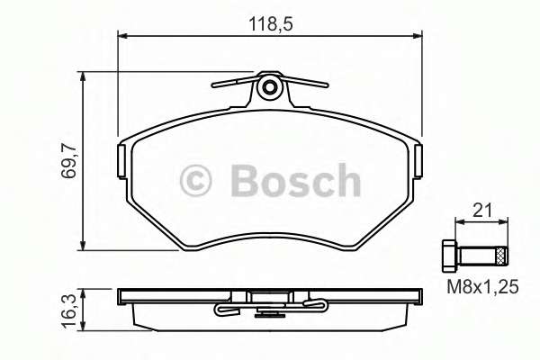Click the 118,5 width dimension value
[x=269, y=22]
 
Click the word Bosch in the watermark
[x=295, y=181]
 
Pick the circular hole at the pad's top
[x=268, y=87]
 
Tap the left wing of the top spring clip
[x=229, y=84]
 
